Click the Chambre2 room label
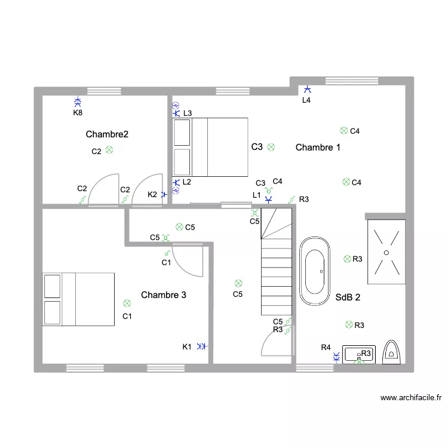[107, 134]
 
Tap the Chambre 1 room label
[318, 148]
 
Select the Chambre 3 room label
[164, 295]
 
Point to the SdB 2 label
[348, 296]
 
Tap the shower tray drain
[386, 253]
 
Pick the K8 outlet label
[78, 112]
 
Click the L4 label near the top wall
[306, 100]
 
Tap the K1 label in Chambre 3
[187, 346]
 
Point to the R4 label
[326, 348]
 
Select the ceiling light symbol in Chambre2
[109, 151]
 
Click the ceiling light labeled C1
[126, 303]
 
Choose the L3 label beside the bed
[188, 113]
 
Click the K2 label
[152, 194]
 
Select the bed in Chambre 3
[78, 299]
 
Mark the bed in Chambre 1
[210, 147]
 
